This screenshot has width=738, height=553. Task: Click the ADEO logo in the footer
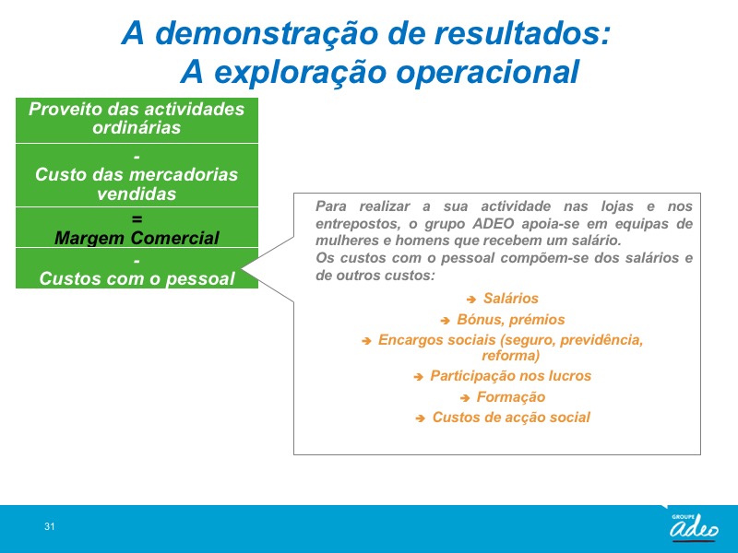pos(694,527)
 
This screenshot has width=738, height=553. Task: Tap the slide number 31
pos(50,526)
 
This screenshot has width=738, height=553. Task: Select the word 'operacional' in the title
pos(488,72)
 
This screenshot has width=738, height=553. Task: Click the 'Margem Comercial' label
pos(137,238)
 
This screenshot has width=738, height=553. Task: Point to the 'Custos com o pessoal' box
pos(137,268)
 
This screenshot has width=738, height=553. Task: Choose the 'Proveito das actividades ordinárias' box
pos(137,121)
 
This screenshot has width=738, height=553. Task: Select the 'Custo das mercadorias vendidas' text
pos(137,183)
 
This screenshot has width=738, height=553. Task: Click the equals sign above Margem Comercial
pos(137,218)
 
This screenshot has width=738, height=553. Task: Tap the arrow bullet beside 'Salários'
pos(471,299)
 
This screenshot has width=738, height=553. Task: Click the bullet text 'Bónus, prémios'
pos(511,319)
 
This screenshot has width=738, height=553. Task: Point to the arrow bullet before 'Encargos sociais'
pos(366,341)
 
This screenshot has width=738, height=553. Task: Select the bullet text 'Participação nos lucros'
pos(511,376)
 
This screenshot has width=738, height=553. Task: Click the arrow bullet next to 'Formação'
pos(465,398)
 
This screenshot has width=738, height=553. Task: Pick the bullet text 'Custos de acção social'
pos(511,418)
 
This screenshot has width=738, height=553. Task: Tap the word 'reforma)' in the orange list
pos(511,355)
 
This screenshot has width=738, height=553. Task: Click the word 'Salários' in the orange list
pos(511,298)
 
